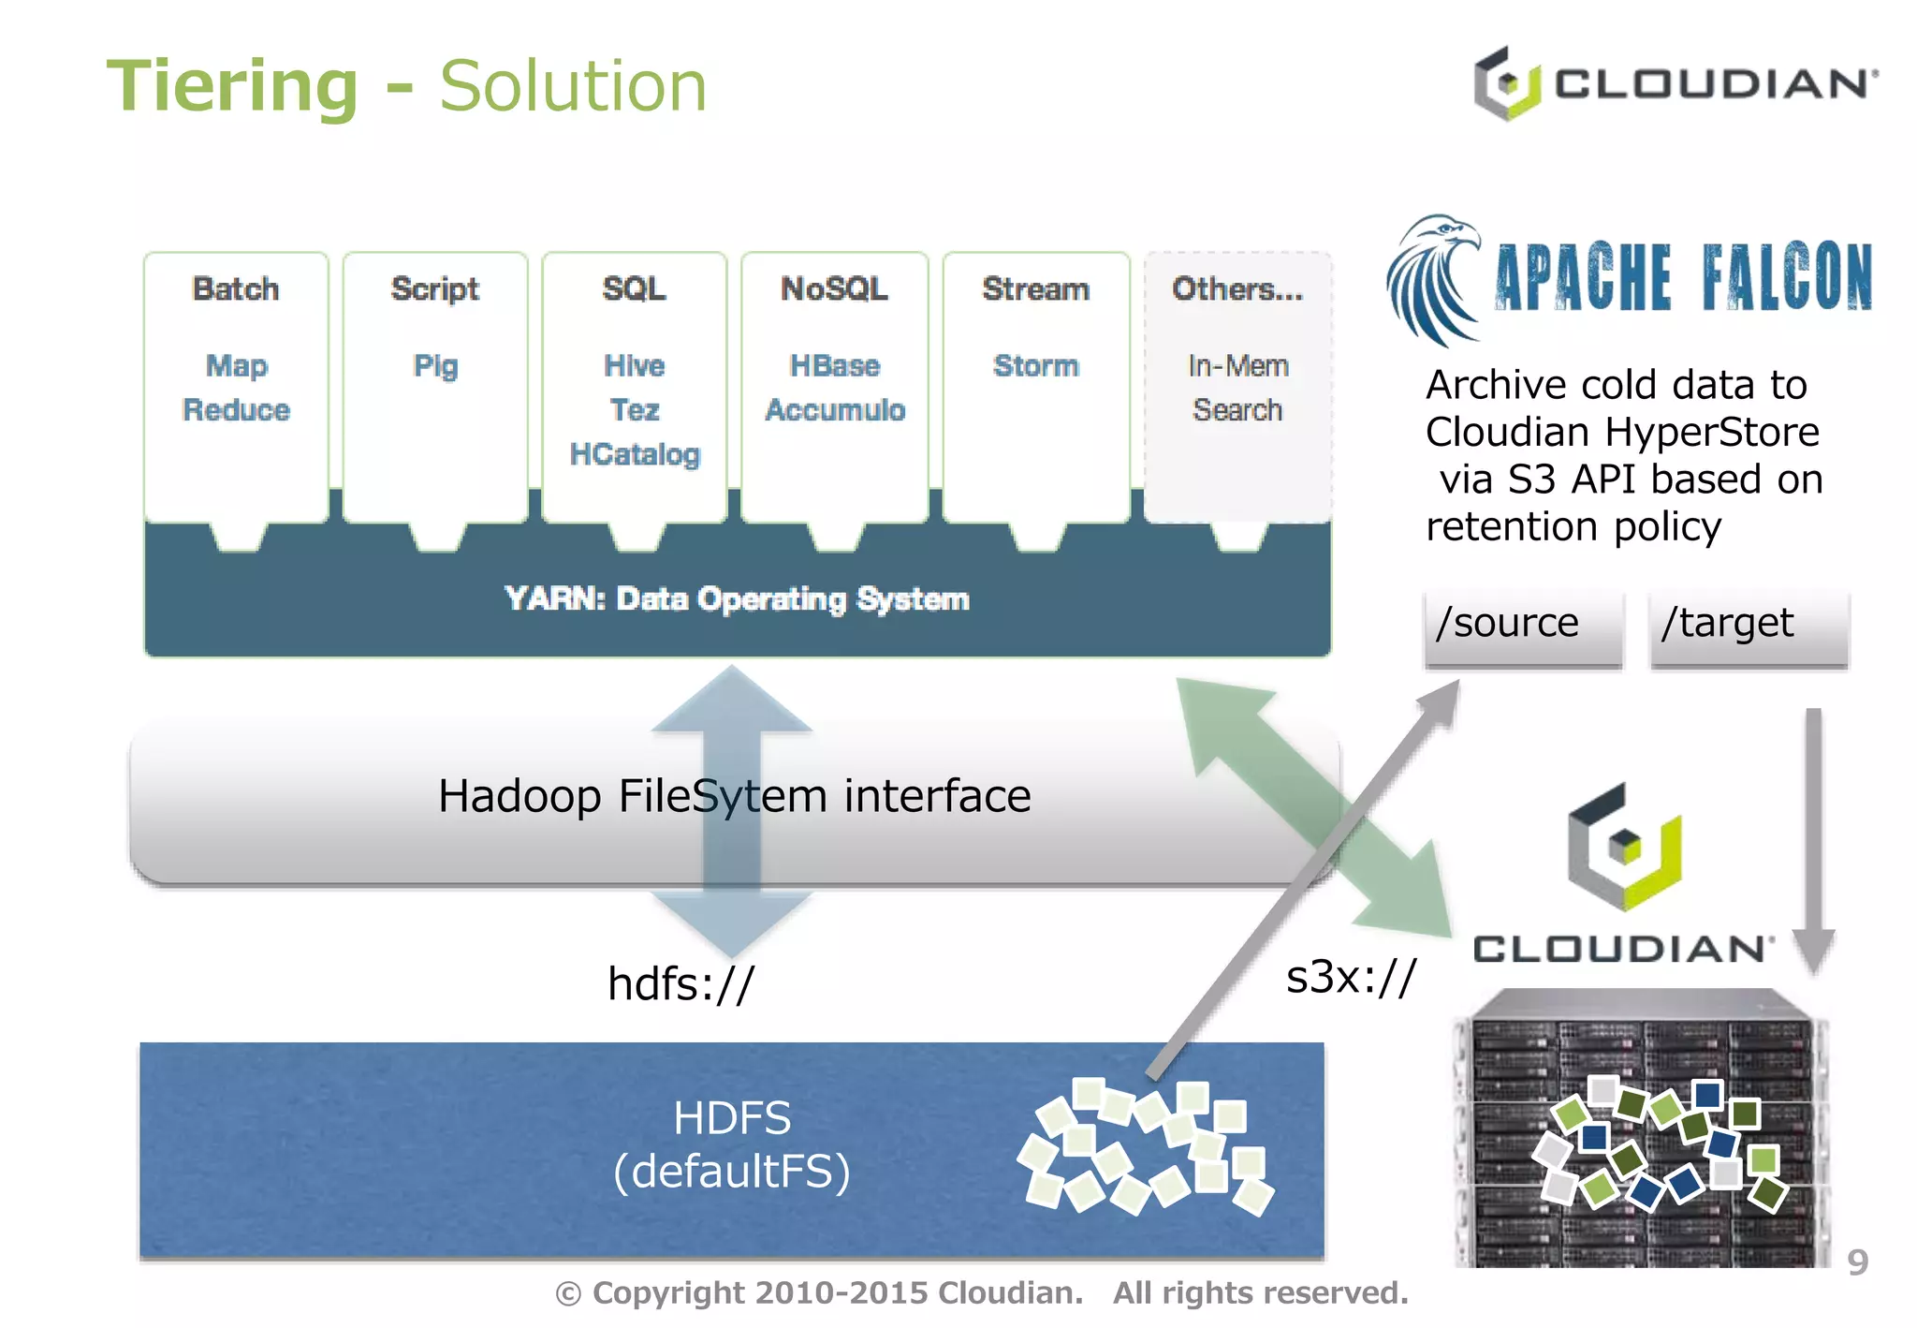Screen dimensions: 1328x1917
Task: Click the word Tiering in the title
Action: [x=232, y=86]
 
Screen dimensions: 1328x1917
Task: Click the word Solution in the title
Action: [x=573, y=86]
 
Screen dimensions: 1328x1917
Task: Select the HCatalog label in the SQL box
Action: [x=635, y=454]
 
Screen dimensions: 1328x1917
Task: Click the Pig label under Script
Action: [x=435, y=365]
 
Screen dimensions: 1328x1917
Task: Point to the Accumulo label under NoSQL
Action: [x=835, y=410]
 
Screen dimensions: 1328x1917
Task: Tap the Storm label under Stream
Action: [x=1035, y=365]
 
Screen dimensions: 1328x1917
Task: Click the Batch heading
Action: [x=236, y=288]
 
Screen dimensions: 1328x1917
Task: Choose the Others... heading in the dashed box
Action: [x=1237, y=288]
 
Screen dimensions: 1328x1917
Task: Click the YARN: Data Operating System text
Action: [x=737, y=598]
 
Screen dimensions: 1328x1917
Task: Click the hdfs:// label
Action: [x=680, y=983]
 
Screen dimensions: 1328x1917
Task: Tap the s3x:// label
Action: [x=1351, y=977]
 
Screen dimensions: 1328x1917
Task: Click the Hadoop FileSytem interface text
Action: [x=734, y=796]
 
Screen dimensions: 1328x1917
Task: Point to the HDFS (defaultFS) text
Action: [x=732, y=1144]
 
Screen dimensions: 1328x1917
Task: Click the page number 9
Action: [x=1857, y=1262]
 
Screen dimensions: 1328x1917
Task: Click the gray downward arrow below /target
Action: [x=1813, y=843]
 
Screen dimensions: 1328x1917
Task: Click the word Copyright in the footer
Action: [x=669, y=1293]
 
